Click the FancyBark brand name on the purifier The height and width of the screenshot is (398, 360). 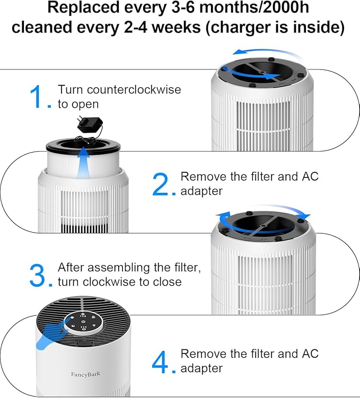point(85,374)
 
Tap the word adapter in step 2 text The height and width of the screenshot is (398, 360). point(201,191)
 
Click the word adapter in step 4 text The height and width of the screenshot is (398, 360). point(201,368)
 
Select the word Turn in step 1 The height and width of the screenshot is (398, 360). point(69,90)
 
